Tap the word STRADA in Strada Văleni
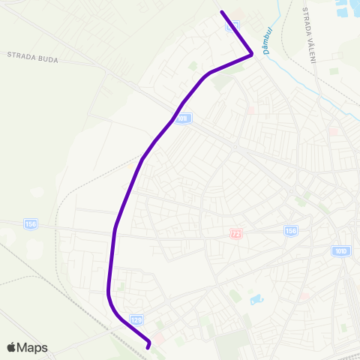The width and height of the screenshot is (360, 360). tap(306, 17)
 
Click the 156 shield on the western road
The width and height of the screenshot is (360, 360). tap(30, 223)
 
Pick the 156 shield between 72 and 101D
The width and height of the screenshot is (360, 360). tap(290, 229)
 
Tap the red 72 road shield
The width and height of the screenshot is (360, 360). tap(236, 234)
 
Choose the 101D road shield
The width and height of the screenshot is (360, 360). tap(340, 250)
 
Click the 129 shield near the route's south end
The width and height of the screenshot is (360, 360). tap(136, 319)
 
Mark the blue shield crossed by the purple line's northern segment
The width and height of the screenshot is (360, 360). tap(233, 25)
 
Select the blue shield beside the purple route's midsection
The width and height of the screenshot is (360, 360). tap(184, 118)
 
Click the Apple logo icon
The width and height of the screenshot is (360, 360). tap(11, 347)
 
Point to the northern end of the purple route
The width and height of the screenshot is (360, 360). tap(221, 12)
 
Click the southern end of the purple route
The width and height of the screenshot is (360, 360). tap(148, 347)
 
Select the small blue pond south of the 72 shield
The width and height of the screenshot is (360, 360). tap(256, 299)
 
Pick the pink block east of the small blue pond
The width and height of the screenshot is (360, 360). tap(304, 296)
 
